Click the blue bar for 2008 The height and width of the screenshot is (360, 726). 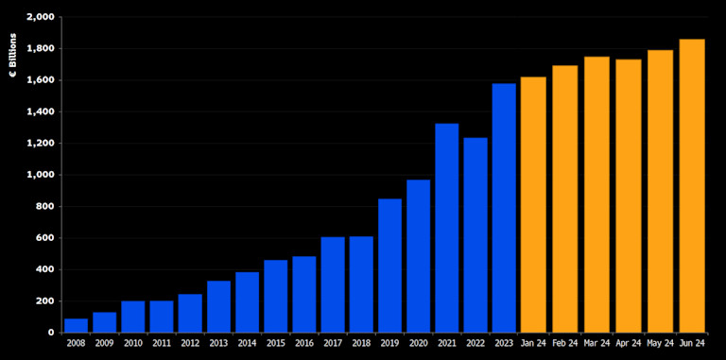76,325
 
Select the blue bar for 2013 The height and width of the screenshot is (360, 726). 218,306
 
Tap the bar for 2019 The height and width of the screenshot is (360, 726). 389,266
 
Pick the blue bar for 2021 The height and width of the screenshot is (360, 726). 447,228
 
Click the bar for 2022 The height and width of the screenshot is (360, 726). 475,235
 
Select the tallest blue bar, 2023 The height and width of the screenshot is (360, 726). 504,208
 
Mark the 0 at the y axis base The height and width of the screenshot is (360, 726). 49,333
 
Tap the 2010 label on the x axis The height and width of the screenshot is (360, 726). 133,345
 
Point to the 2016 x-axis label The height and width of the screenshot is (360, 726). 304,345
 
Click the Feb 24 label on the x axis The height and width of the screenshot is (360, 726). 565,345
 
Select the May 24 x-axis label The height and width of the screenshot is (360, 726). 660,345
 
